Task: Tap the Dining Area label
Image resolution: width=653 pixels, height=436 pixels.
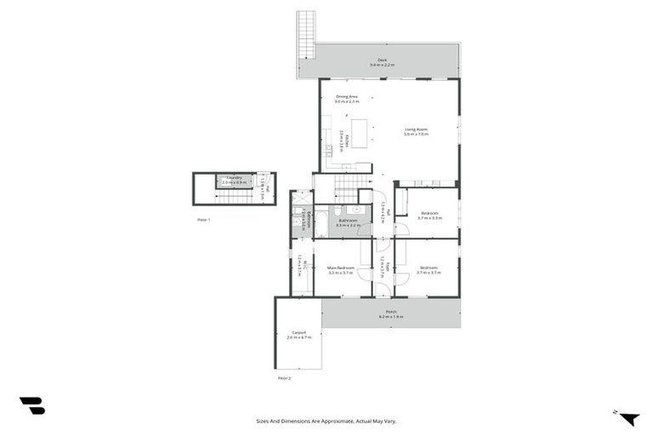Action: (347, 99)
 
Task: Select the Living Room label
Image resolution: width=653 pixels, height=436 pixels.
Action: (416, 131)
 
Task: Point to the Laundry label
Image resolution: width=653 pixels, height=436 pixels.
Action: (234, 180)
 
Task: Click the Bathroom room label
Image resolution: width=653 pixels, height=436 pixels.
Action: (346, 222)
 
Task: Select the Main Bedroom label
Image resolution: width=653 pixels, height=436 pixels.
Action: (339, 270)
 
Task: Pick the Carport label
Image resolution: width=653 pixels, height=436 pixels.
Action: (298, 335)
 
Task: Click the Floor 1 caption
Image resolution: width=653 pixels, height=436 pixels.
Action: (203, 220)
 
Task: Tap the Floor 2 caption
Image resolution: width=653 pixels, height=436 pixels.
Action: (284, 377)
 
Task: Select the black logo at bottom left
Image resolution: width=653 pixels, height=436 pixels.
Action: (31, 406)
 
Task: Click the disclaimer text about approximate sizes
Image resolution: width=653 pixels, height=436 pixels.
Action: (326, 420)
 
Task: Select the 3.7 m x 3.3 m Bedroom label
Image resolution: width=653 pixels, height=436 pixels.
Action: (429, 215)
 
